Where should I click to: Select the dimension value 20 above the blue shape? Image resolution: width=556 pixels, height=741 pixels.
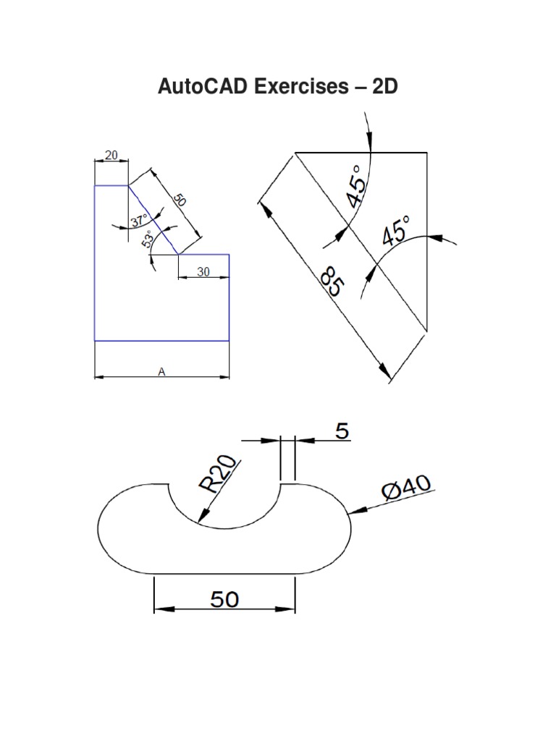coord(111,154)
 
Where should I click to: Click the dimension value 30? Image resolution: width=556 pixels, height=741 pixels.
coord(203,271)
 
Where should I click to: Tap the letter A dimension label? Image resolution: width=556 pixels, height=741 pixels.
coord(161,371)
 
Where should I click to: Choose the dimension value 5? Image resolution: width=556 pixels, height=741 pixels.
coord(342,432)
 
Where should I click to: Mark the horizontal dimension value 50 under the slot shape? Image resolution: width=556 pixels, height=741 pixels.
coord(224,599)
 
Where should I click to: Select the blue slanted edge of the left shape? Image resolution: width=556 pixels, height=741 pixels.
coord(153,220)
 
